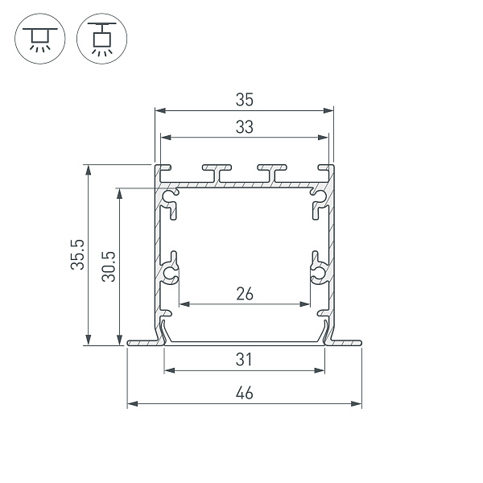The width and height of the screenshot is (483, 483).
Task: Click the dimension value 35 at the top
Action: (x=245, y=100)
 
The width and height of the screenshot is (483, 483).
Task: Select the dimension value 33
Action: (x=245, y=126)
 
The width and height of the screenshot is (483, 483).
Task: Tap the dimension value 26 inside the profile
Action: (x=245, y=294)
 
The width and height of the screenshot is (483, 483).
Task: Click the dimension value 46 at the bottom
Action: (x=245, y=393)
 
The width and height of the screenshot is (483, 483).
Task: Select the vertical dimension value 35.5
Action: (x=76, y=254)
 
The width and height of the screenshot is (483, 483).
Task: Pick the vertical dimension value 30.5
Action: (x=109, y=266)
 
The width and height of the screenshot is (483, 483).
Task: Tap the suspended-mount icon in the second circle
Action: (x=101, y=39)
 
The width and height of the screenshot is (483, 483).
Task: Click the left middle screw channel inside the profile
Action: (x=170, y=272)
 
